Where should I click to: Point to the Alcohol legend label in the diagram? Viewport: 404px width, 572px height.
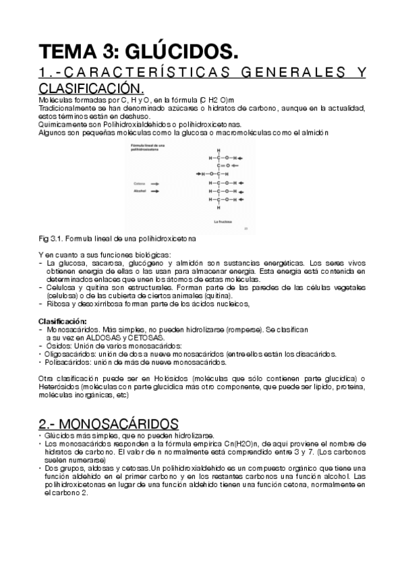click(x=140, y=192)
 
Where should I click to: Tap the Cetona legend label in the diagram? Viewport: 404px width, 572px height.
click(x=139, y=183)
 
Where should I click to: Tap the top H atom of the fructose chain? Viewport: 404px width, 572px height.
click(x=219, y=149)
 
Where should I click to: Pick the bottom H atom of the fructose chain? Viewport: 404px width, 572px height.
click(x=219, y=207)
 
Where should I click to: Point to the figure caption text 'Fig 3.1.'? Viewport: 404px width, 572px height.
click(x=50, y=239)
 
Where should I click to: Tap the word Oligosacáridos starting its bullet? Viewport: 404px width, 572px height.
click(x=67, y=353)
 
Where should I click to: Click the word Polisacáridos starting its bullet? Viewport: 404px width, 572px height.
click(x=65, y=362)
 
